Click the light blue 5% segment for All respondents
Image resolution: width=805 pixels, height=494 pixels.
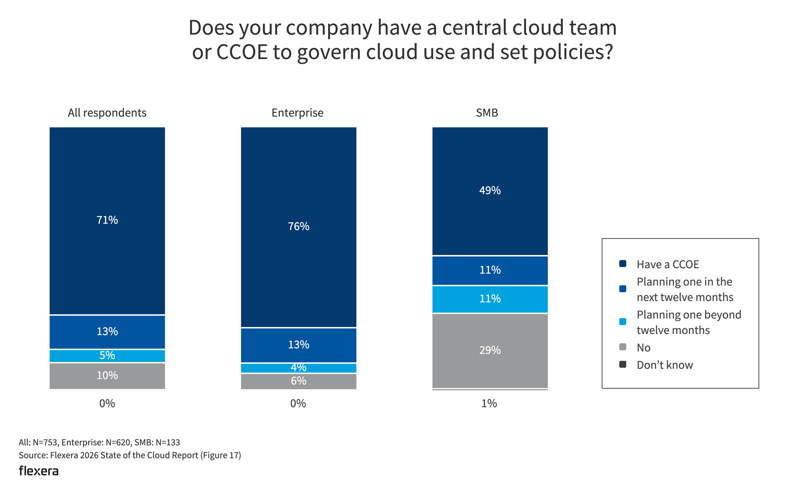tap(107, 355)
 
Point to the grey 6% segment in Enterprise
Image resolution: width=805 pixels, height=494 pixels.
tap(298, 381)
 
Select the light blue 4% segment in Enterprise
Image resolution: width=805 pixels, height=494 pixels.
tap(298, 368)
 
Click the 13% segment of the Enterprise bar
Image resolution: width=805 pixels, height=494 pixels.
tap(298, 345)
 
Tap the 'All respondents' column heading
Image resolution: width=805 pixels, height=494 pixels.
tap(107, 113)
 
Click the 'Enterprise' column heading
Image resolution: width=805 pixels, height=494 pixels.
tap(297, 113)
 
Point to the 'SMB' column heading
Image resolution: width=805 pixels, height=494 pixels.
tap(487, 113)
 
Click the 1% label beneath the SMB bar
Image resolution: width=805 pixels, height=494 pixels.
tap(489, 403)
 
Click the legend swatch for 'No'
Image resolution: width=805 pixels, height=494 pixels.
tap(623, 347)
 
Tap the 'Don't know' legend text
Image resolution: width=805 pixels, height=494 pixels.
tap(665, 365)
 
